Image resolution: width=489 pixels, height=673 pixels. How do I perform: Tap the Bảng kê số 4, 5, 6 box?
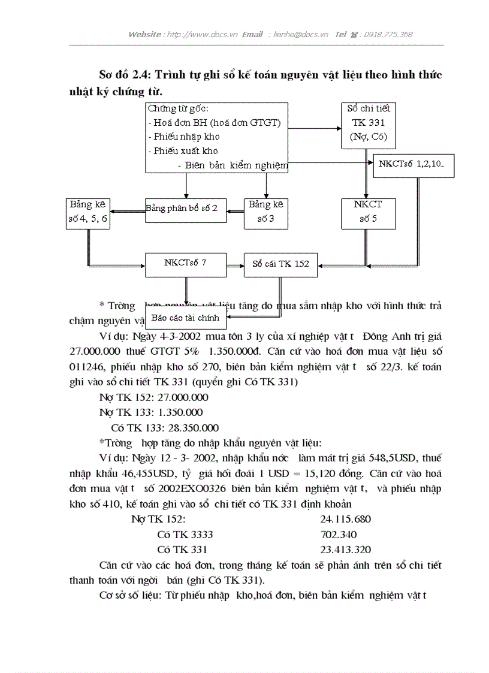click(x=89, y=212)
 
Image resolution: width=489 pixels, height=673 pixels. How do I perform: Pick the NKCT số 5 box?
click(x=368, y=212)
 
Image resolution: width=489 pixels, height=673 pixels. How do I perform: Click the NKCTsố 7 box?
click(x=186, y=264)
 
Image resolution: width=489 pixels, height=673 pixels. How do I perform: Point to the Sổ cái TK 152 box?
click(x=280, y=264)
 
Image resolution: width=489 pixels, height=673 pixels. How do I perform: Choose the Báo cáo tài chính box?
click(x=185, y=317)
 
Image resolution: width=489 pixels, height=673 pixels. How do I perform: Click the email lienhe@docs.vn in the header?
click(x=300, y=35)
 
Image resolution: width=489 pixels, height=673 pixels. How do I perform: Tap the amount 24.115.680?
click(x=345, y=519)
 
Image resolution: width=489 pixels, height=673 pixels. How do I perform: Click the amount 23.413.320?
click(x=345, y=550)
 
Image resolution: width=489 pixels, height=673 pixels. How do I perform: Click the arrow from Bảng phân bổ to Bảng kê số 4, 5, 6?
click(x=128, y=210)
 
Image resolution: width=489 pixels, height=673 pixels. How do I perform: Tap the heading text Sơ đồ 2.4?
click(x=125, y=76)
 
